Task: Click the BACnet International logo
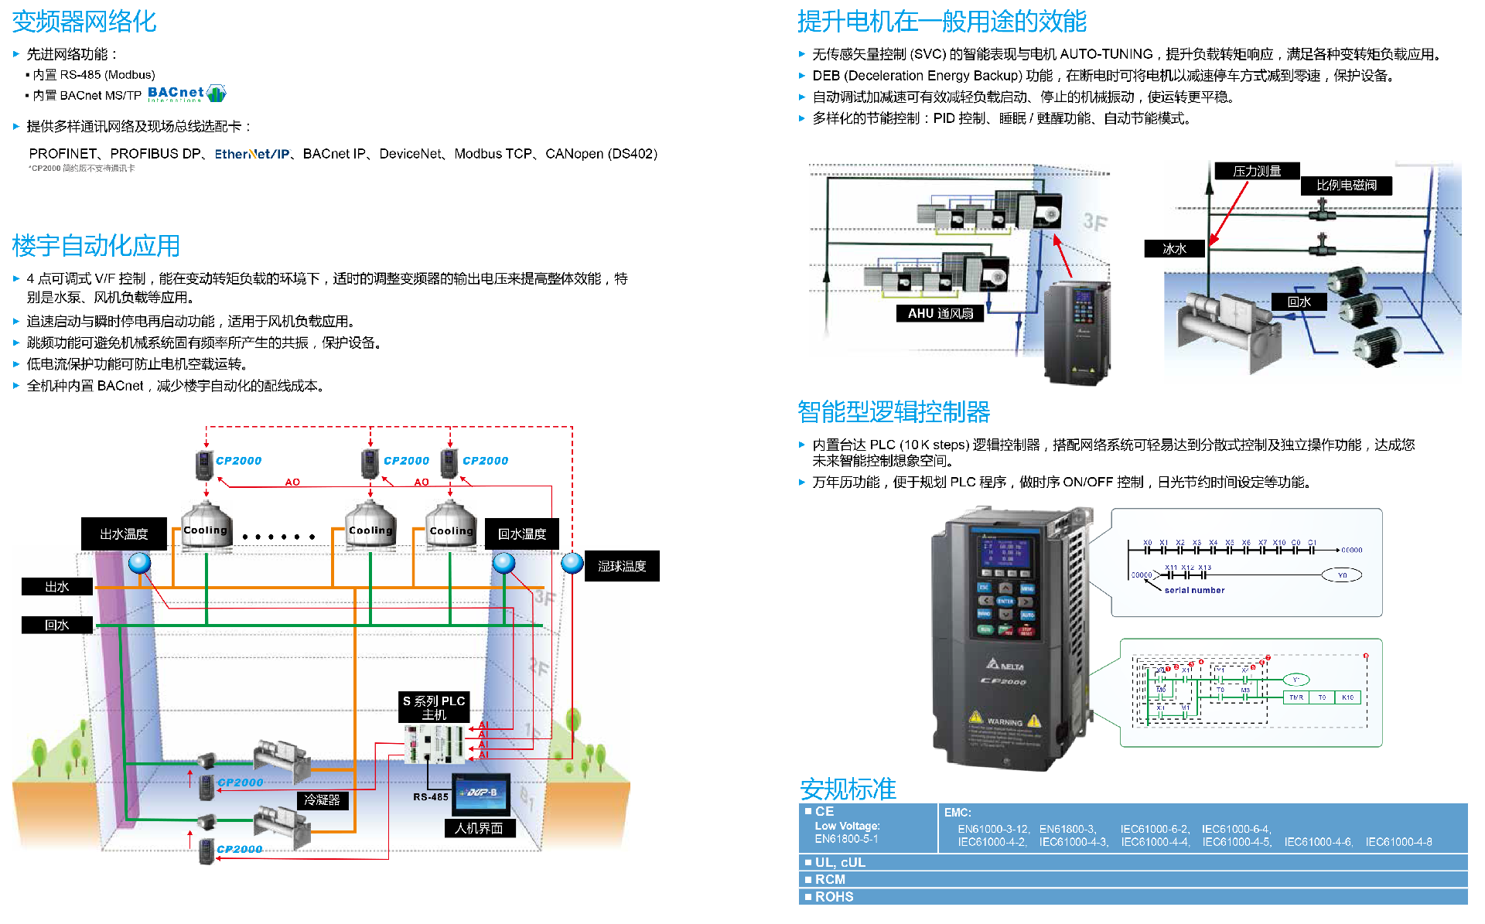point(187,94)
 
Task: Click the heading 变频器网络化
point(84,22)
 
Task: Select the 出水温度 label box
point(124,534)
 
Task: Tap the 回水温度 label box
point(522,534)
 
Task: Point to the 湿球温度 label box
point(622,566)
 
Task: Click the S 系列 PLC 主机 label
point(434,707)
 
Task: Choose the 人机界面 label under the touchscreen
point(479,828)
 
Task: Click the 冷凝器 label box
point(322,800)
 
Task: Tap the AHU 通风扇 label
point(940,313)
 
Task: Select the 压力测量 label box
point(1257,171)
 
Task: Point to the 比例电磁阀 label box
point(1347,186)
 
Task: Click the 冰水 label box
point(1174,248)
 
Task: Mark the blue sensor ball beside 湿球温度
point(572,563)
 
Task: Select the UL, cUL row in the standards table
point(840,862)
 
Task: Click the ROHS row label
point(834,897)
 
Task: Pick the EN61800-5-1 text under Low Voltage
point(846,839)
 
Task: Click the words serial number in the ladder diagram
point(1194,590)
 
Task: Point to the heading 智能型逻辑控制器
point(893,412)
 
